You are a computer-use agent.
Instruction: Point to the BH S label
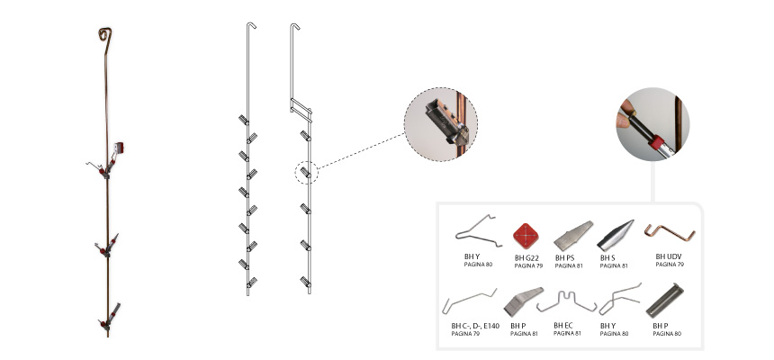[608, 257]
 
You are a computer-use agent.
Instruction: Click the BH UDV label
[669, 256]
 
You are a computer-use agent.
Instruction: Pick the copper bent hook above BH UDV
[670, 232]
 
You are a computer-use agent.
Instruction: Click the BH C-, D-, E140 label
[475, 326]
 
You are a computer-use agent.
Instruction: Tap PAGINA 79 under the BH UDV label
[669, 265]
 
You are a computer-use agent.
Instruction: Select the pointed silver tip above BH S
[616, 236]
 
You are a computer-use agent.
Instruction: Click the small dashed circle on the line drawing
[307, 173]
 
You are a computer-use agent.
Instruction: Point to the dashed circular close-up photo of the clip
[441, 124]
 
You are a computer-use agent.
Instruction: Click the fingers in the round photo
[625, 113]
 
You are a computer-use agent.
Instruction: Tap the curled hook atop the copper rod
[105, 34]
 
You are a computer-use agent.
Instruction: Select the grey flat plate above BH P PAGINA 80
[665, 301]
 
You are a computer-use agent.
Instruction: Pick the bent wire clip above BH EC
[566, 301]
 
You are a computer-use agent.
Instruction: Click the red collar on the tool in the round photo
[656, 144]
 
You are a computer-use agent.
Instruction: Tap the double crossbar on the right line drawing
[301, 110]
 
